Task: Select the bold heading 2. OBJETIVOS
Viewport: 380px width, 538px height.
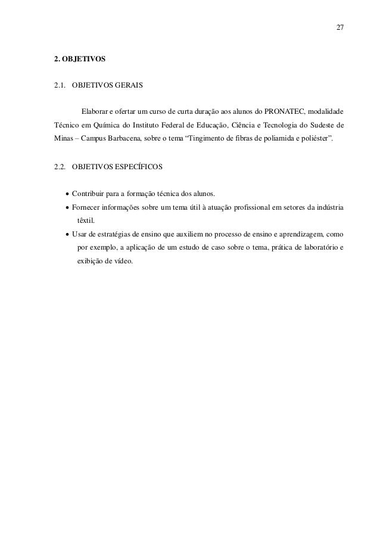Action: point(80,60)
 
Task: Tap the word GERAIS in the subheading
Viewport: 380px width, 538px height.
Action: point(127,85)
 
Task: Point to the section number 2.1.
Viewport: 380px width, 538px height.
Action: point(60,85)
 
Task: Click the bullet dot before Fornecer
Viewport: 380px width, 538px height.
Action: point(66,208)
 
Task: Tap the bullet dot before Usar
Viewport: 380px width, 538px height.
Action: point(66,235)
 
